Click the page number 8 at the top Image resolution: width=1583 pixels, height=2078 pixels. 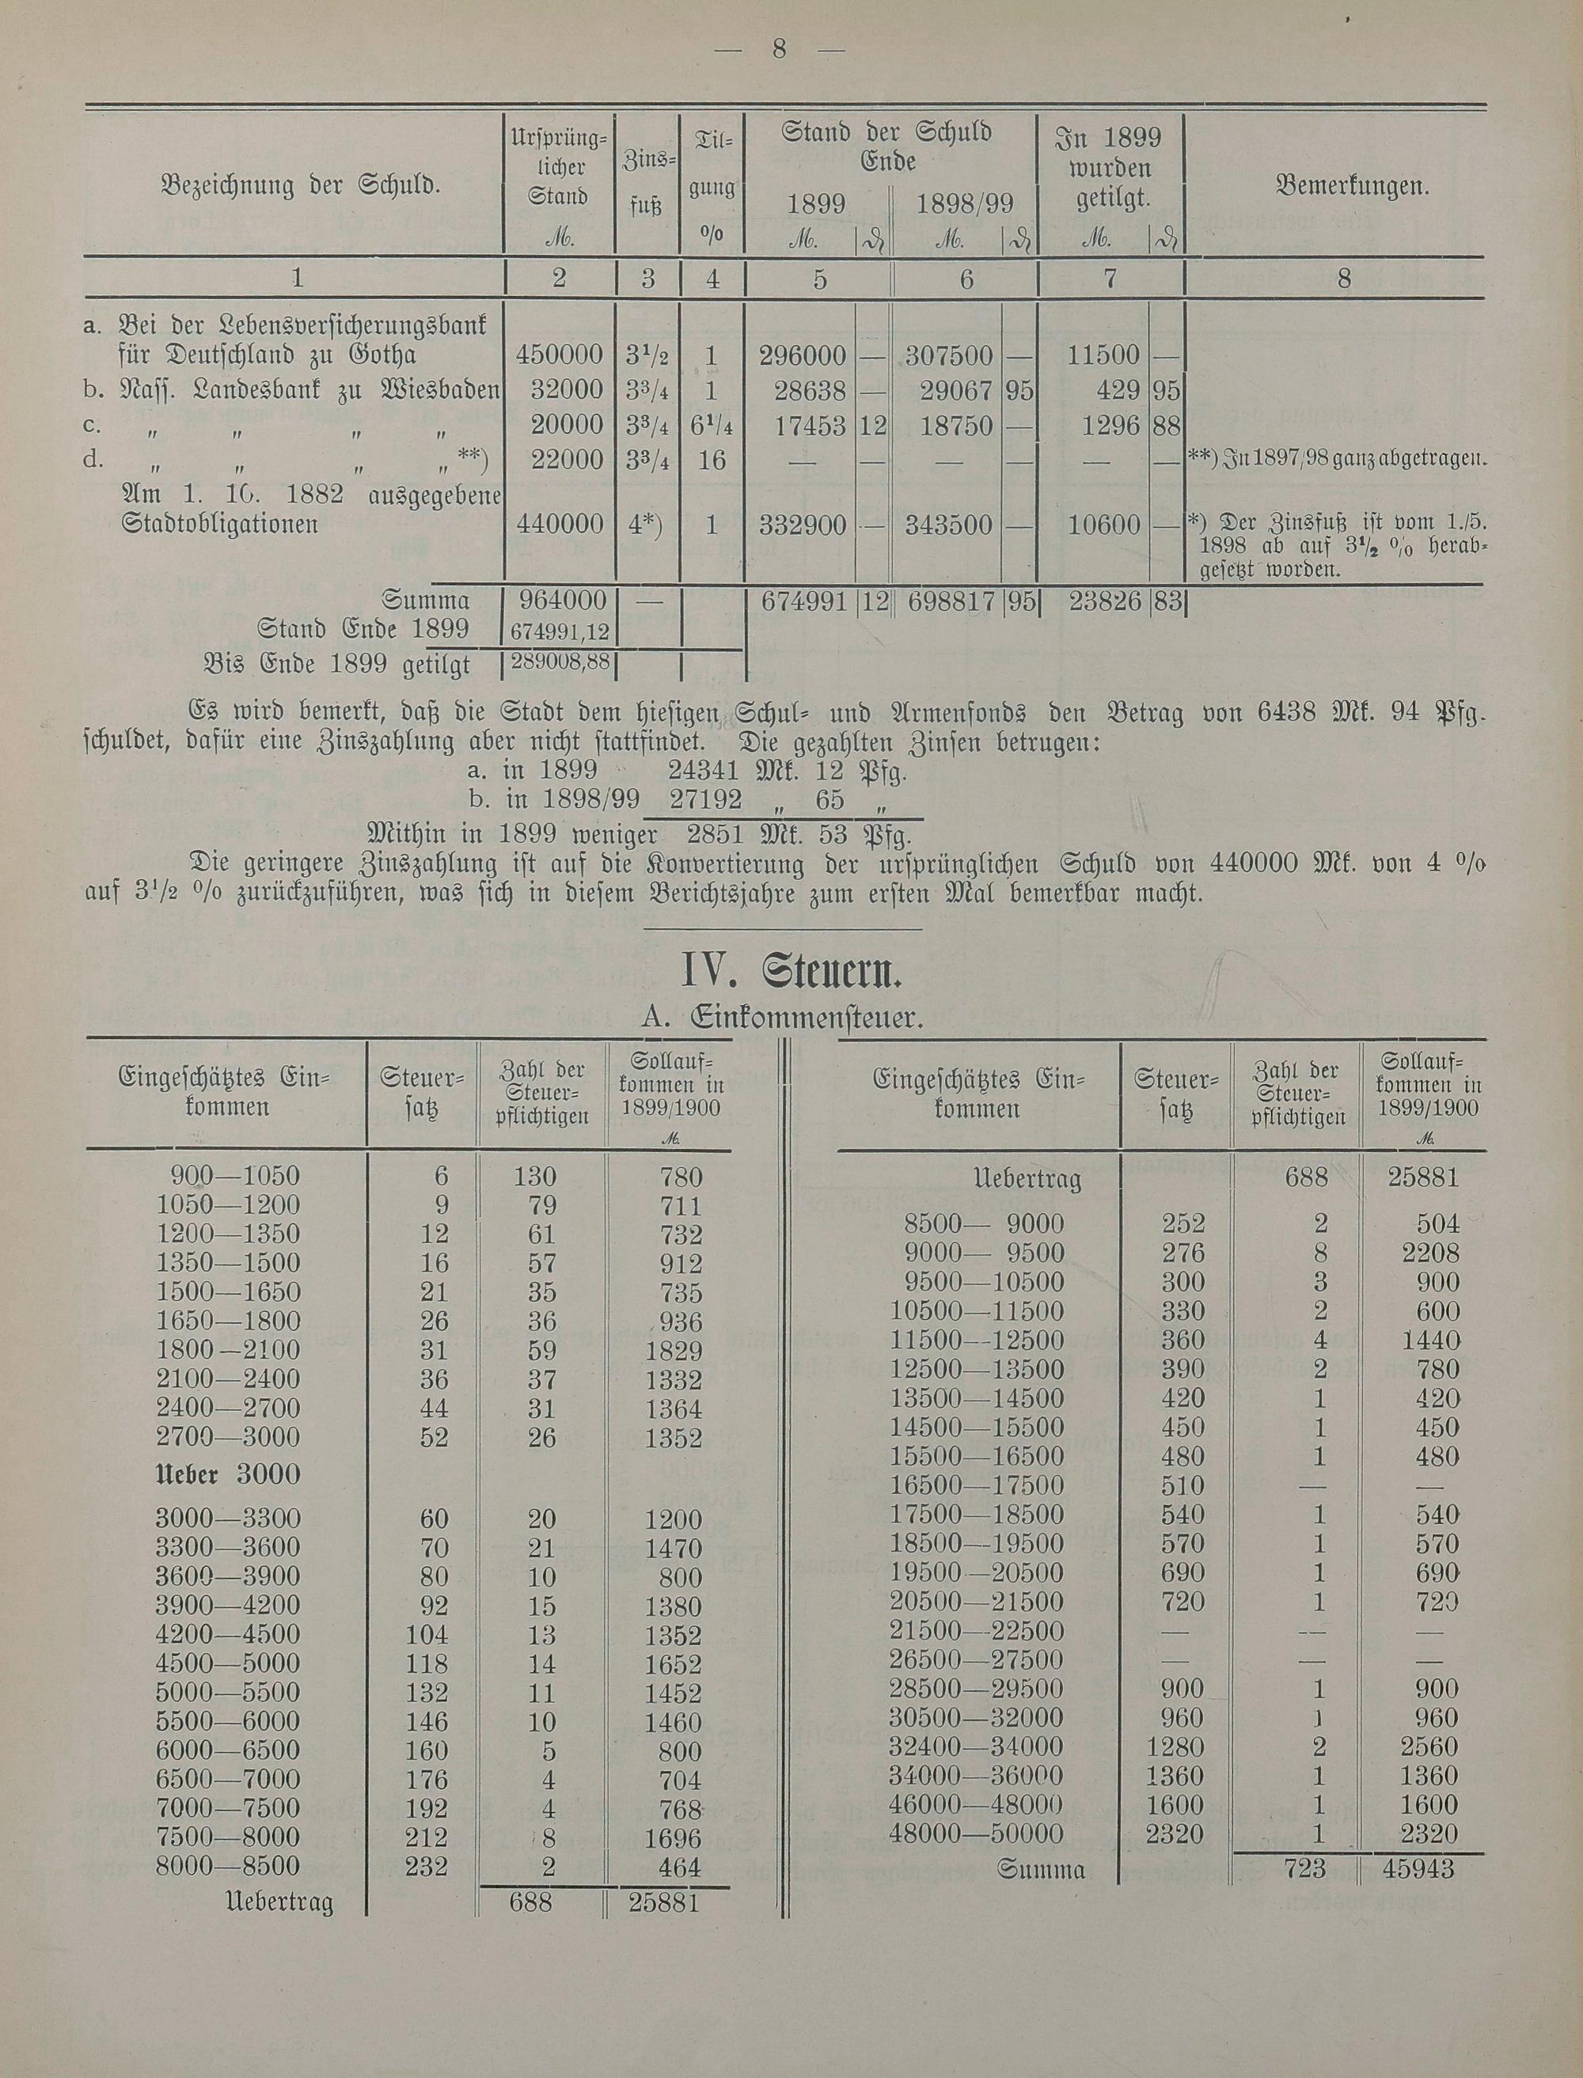[x=778, y=49]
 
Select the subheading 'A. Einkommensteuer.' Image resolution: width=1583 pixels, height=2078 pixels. [x=780, y=1019]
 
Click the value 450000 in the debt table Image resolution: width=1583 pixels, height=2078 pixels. [x=560, y=355]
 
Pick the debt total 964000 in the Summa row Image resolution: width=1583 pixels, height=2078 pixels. [x=560, y=600]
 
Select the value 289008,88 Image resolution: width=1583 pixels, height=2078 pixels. [x=560, y=662]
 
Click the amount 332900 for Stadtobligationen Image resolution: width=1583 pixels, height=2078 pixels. [x=803, y=525]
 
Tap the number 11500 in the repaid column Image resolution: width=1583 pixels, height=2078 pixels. [x=1103, y=355]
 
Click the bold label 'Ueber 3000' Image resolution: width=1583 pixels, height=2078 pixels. [x=227, y=1474]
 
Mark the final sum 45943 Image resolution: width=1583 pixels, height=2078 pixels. [x=1422, y=1868]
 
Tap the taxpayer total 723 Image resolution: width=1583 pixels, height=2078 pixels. [x=1304, y=1868]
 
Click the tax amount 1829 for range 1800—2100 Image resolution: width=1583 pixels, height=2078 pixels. [x=673, y=1352]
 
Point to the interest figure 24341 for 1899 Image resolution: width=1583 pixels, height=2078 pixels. [x=704, y=773]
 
